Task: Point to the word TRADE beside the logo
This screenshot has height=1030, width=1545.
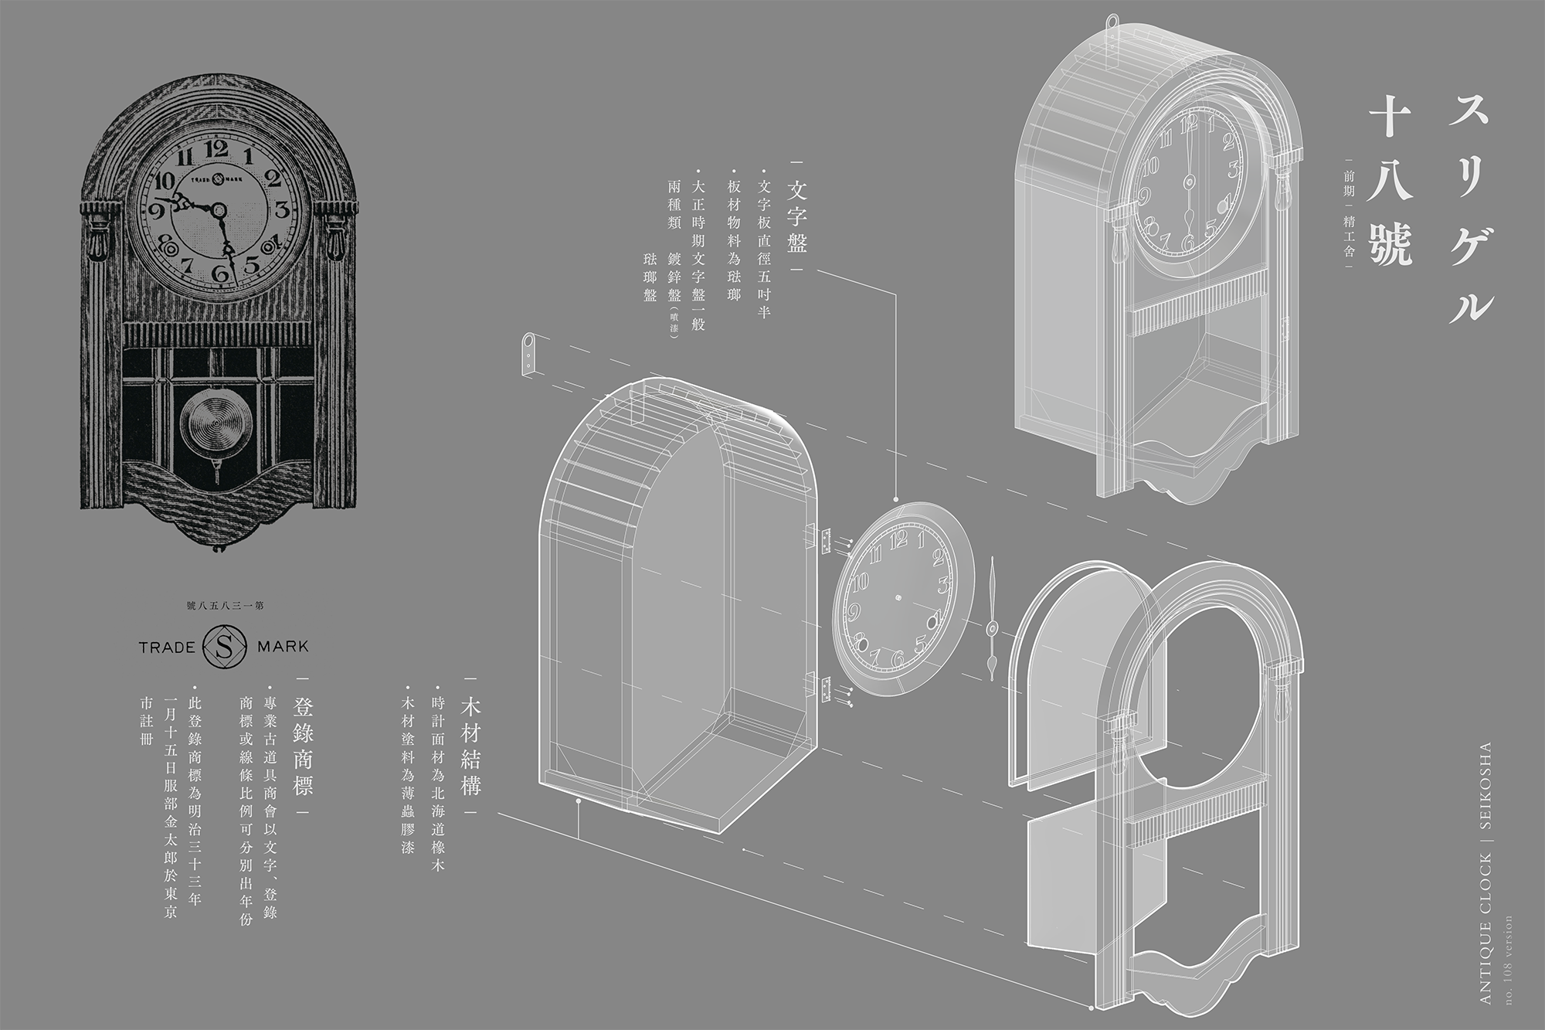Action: [167, 646]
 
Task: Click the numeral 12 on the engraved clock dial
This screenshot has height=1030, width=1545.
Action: [219, 150]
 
